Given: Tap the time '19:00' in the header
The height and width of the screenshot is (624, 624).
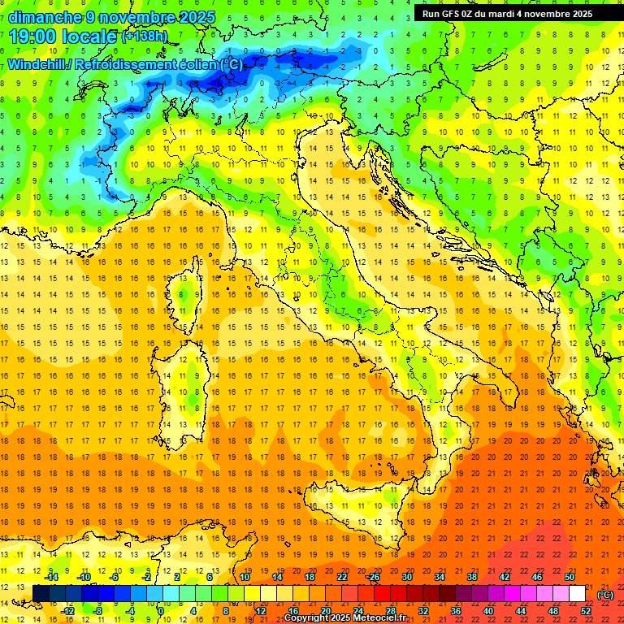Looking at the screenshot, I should [x=34, y=37].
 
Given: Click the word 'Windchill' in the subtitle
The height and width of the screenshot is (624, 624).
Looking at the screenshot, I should [x=36, y=64].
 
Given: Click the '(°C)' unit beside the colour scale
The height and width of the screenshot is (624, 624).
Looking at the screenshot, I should [x=605, y=594].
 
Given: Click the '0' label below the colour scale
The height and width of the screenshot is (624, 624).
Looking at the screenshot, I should [x=161, y=611].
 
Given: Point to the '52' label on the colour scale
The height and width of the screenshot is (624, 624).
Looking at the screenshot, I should [x=585, y=611].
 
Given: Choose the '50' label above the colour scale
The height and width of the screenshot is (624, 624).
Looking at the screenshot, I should [x=569, y=577].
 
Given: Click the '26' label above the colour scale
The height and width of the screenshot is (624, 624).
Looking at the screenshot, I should [x=374, y=577].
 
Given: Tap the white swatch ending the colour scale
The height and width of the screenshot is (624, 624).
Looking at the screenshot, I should [x=577, y=594].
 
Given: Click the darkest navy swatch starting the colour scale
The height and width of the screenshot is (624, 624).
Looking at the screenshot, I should [x=41, y=594].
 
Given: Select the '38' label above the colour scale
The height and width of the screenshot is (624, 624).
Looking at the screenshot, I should [x=471, y=577].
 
